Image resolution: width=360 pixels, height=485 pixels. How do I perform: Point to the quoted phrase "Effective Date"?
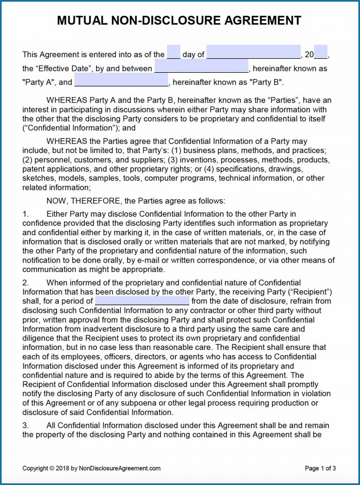coord(64,68)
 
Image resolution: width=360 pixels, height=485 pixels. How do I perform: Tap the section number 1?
coord(25,214)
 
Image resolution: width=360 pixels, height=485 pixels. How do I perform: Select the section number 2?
coord(25,283)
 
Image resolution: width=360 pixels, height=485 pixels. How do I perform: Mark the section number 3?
coord(25,425)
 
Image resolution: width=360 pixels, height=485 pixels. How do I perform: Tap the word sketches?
coord(37,178)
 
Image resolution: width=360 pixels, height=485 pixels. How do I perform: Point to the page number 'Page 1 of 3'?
coord(321,468)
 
